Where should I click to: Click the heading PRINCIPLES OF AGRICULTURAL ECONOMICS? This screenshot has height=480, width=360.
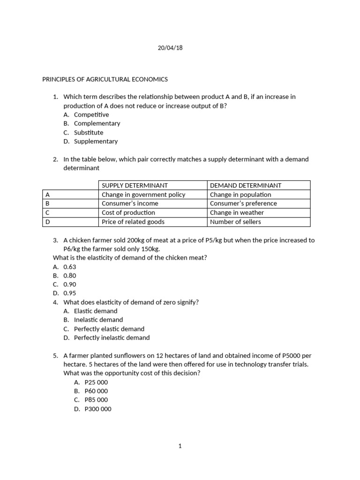pyautogui.click(x=105, y=79)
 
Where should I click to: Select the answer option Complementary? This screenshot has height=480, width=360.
pyautogui.click(x=97, y=124)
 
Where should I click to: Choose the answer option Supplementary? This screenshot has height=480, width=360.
pyautogui.click(x=96, y=142)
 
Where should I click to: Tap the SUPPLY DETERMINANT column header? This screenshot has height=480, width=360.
pyautogui.click(x=135, y=186)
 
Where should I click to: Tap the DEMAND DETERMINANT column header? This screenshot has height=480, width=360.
pyautogui.click(x=246, y=186)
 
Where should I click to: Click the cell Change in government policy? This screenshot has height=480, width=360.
pyautogui.click(x=143, y=195)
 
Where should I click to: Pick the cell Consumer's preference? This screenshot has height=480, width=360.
pyautogui.click(x=243, y=203)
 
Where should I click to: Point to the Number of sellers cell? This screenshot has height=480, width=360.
pyautogui.click(x=235, y=222)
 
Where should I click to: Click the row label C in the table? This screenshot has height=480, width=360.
pyautogui.click(x=47, y=212)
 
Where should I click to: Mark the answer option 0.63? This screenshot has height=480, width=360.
pyautogui.click(x=70, y=267)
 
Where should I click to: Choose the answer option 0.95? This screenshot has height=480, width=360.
pyautogui.click(x=70, y=293)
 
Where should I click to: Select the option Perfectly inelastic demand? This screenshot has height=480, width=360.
pyautogui.click(x=112, y=338)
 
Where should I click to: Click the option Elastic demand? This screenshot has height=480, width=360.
pyautogui.click(x=96, y=311)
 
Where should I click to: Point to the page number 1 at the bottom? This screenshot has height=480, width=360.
pyautogui.click(x=180, y=446)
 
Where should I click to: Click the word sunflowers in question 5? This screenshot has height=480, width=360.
pyautogui.click(x=135, y=356)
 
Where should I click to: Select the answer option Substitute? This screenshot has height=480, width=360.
pyautogui.click(x=89, y=133)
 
